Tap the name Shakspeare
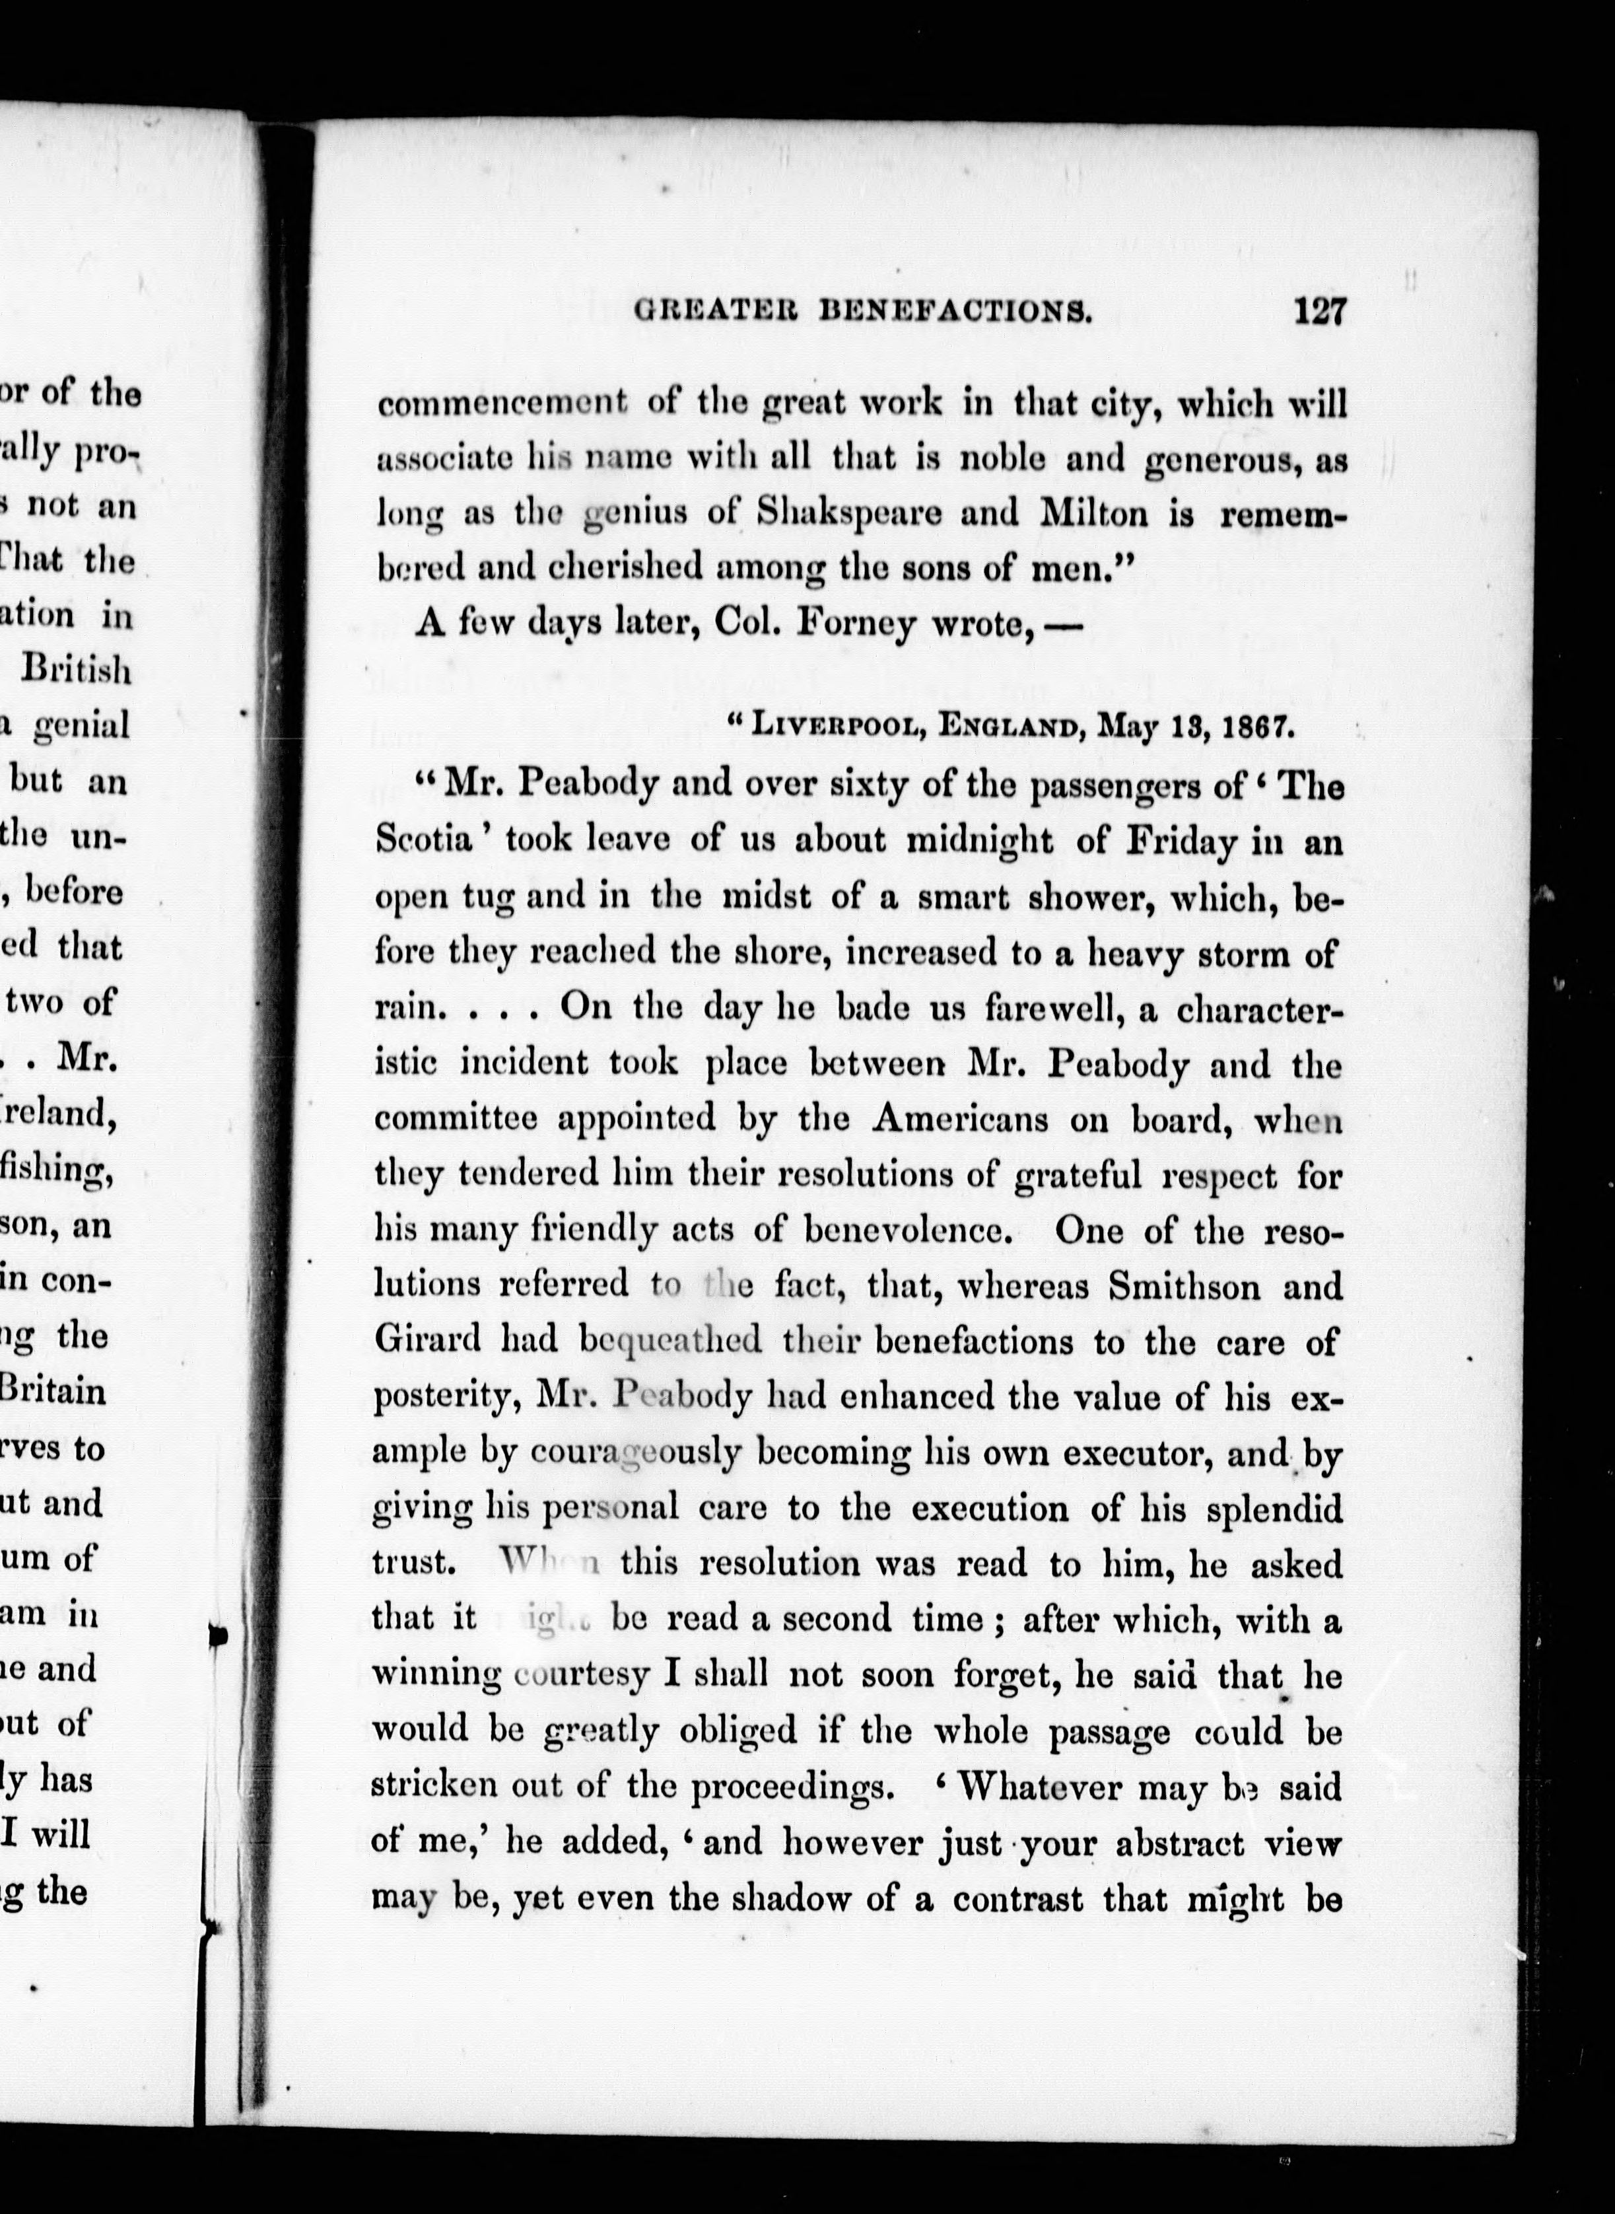point(848,513)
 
